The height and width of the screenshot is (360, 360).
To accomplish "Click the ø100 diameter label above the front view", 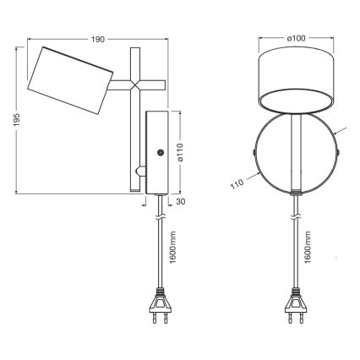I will click(x=295, y=38).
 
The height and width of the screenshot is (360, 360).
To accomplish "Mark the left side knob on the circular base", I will click(x=255, y=153).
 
